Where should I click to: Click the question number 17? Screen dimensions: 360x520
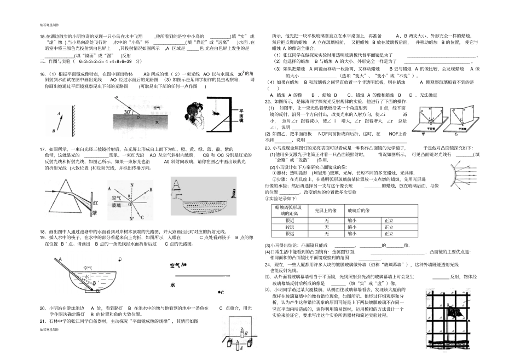click(42, 148)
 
